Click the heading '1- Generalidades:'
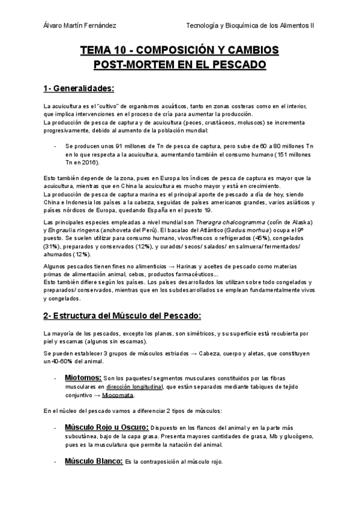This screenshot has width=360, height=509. pos(79,89)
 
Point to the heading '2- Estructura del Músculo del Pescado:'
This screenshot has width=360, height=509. pos(122,315)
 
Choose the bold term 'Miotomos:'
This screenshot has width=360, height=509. pos(82,378)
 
